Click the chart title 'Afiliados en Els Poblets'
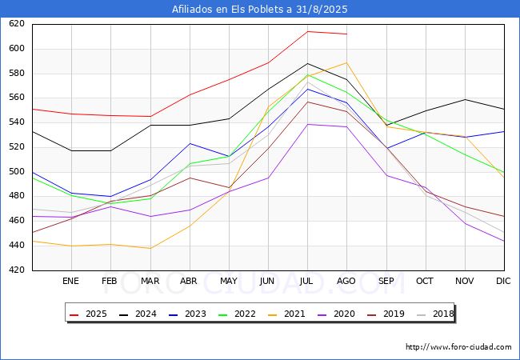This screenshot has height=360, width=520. pyautogui.click(x=260, y=10)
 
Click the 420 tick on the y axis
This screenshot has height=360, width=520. pyautogui.click(x=18, y=270)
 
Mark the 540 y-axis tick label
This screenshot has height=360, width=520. pyautogui.click(x=18, y=122)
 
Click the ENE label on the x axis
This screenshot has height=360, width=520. pyautogui.click(x=71, y=282)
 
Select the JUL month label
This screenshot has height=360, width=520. pyautogui.click(x=307, y=282)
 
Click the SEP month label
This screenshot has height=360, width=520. pyautogui.click(x=386, y=282)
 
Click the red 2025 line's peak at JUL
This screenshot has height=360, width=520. pyautogui.click(x=307, y=32)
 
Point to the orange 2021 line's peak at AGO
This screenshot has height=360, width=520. pyautogui.click(x=346, y=62)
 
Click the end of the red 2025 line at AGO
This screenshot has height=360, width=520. pyautogui.click(x=346, y=34)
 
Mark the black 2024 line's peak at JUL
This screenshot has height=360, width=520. pyautogui.click(x=307, y=63)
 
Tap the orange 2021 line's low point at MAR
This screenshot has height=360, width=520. pyautogui.click(x=150, y=248)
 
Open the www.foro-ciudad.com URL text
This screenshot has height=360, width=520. pyautogui.click(x=458, y=347)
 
